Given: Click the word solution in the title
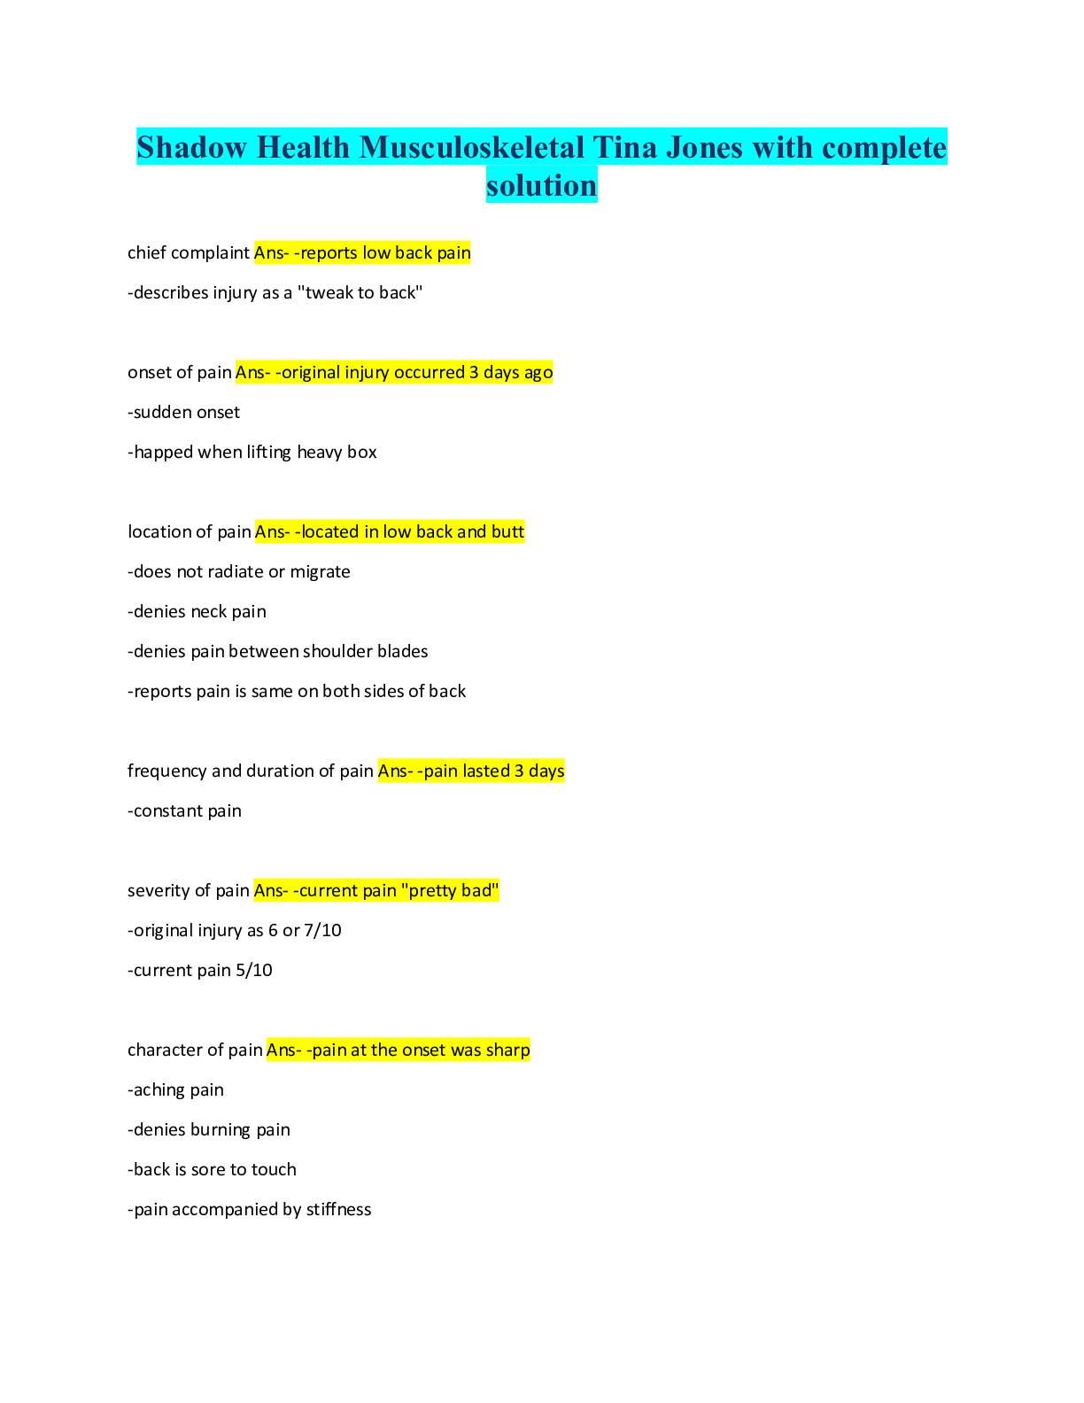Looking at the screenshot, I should coord(541,185).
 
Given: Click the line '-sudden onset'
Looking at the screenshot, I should coord(183,413).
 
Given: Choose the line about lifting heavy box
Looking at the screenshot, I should coord(252,453).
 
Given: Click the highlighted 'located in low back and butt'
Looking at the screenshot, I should coord(413,532).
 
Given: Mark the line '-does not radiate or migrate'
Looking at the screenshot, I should coord(239,572).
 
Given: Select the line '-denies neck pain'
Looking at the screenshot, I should coord(197,612).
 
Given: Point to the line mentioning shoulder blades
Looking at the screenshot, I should coord(278,652).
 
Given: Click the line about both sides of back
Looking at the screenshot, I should coord(297,692).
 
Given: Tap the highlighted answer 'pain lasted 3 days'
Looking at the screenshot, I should coord(493,771).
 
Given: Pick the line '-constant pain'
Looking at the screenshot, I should coord(184,811).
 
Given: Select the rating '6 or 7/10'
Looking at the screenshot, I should coord(305,931).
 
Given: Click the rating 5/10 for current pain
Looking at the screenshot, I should coord(254,971).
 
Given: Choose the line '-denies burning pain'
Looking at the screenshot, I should coord(209,1130).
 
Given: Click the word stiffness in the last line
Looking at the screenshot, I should coord(338,1210).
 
